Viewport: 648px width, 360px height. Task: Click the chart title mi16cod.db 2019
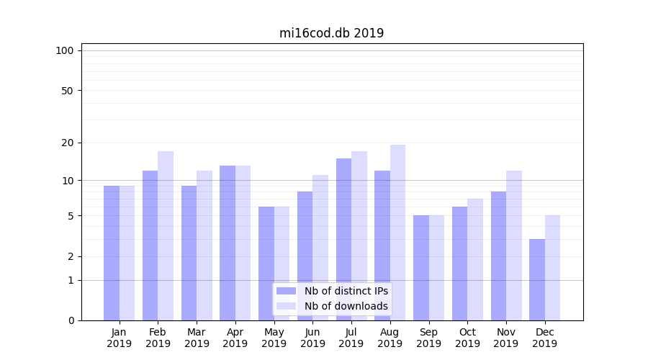pyautogui.click(x=331, y=33)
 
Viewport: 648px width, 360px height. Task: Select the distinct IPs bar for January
pyautogui.click(x=112, y=253)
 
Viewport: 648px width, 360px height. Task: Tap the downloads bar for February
pyautogui.click(x=166, y=235)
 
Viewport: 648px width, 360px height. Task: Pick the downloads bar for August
pyautogui.click(x=397, y=233)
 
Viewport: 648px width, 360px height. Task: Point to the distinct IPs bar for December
pyautogui.click(x=537, y=279)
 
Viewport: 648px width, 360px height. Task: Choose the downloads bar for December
pyautogui.click(x=552, y=268)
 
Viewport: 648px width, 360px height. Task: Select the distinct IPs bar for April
pyautogui.click(x=228, y=243)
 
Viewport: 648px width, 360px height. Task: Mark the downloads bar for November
pyautogui.click(x=513, y=246)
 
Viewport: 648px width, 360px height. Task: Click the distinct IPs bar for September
pyautogui.click(x=421, y=268)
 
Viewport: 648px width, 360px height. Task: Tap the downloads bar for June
pyautogui.click(x=320, y=248)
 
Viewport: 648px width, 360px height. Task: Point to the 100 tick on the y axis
pyautogui.click(x=65, y=50)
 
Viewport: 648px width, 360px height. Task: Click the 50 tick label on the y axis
pyautogui.click(x=68, y=91)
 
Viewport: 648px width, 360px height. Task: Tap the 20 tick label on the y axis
pyautogui.click(x=68, y=143)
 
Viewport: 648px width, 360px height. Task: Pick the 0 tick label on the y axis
pyautogui.click(x=71, y=320)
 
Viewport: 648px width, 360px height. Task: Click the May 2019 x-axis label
pyautogui.click(x=274, y=338)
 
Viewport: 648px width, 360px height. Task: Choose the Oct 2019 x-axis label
pyautogui.click(x=467, y=338)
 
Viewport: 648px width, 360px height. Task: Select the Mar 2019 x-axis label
pyautogui.click(x=197, y=338)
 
